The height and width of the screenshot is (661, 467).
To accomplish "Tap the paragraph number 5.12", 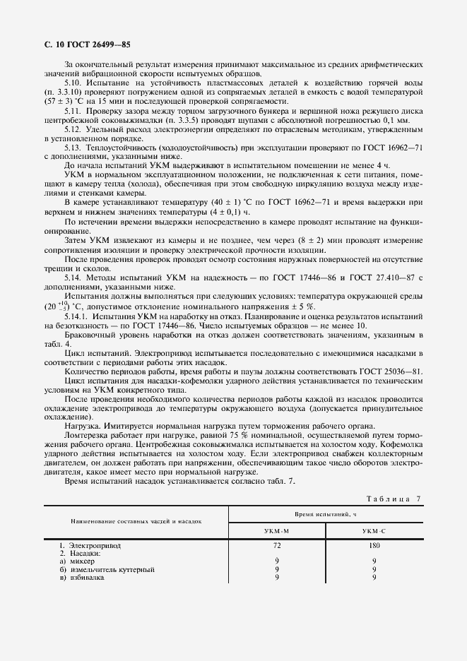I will (73, 129).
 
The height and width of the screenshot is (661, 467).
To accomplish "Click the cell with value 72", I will (276, 545).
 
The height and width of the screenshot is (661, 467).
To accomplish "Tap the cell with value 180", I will (374, 545).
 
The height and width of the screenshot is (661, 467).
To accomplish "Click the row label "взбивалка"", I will (86, 578).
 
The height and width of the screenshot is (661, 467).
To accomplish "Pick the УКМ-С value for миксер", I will (374, 561).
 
